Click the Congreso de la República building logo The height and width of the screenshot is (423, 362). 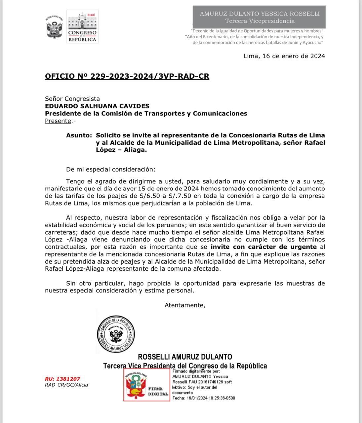click(x=82, y=26)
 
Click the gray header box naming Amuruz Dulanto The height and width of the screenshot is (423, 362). click(x=260, y=17)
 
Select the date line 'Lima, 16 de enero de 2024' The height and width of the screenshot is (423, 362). click(x=284, y=56)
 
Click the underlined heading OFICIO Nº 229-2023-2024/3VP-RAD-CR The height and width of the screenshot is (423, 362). click(x=127, y=76)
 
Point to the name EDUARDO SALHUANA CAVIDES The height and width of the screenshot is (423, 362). click(x=97, y=106)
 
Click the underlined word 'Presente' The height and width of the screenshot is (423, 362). click(x=58, y=121)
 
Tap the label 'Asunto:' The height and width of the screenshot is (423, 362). click(x=79, y=135)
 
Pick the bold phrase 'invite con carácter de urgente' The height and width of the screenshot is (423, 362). click(x=263, y=247)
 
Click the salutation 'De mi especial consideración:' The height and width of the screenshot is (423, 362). click(x=110, y=170)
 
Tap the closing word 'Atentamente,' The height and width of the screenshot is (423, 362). click(x=185, y=305)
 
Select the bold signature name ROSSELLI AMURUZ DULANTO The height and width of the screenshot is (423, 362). click(x=185, y=357)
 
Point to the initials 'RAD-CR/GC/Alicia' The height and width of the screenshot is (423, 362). click(x=66, y=385)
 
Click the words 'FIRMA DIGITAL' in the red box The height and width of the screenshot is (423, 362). click(x=158, y=391)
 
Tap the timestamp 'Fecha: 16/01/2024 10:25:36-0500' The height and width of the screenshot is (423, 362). click(x=204, y=398)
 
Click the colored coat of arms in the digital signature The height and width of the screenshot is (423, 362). click(x=136, y=385)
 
